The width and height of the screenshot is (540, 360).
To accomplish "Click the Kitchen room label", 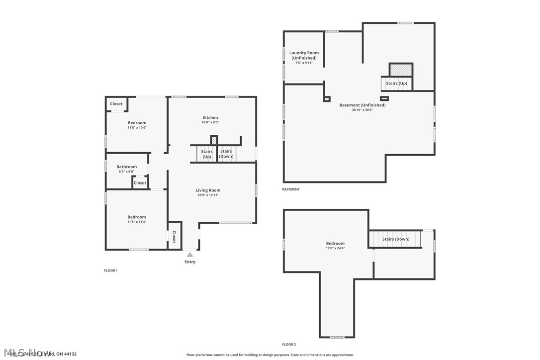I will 210,117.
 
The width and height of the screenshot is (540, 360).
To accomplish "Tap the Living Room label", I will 208,190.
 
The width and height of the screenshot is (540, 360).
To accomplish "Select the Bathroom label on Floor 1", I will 126,167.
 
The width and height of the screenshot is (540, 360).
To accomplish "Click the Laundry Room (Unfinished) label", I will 304,55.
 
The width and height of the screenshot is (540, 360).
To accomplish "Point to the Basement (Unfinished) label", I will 362,105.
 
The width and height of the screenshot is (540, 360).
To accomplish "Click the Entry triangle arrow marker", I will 189,255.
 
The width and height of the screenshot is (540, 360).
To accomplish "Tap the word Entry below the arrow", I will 190,262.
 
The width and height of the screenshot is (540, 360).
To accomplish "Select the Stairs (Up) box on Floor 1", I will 207,154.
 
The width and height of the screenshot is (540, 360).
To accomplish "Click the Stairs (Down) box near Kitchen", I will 226,154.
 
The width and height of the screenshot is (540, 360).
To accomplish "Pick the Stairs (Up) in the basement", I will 396,83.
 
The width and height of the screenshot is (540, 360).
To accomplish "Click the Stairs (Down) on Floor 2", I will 396,239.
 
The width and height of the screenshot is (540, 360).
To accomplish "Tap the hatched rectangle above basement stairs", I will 400,70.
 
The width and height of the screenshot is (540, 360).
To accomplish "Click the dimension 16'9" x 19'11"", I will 208,195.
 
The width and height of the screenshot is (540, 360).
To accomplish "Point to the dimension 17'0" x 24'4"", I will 335,248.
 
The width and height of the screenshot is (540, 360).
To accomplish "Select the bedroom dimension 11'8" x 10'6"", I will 137,128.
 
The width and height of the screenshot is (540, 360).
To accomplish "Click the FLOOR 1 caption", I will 110,270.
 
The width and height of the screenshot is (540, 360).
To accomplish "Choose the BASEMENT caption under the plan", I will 291,189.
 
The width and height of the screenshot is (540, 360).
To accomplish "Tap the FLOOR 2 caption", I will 289,344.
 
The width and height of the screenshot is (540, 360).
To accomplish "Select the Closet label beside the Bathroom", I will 140,182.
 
